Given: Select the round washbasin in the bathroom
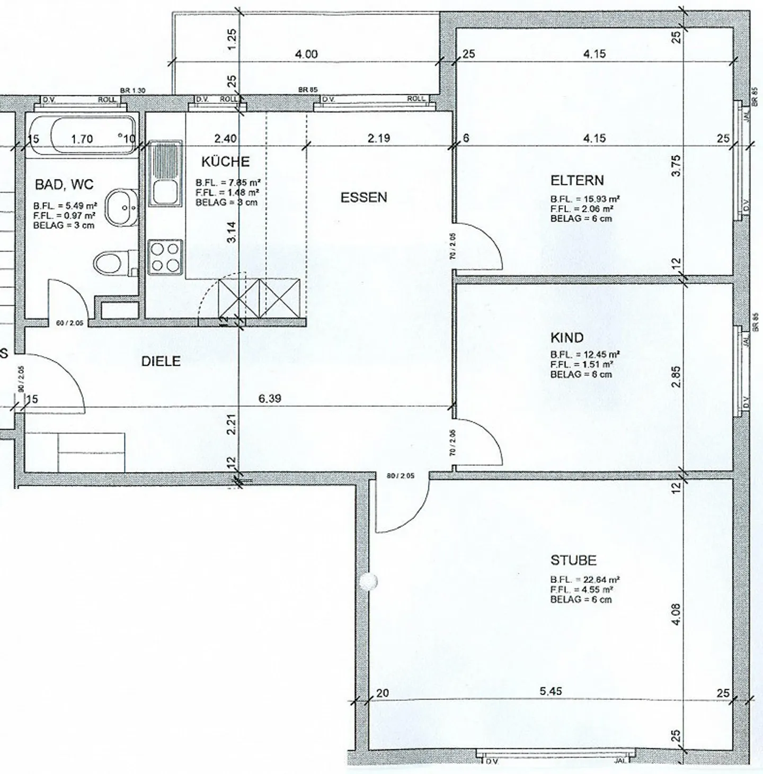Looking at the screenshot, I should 120,208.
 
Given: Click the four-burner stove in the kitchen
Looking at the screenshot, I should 165,257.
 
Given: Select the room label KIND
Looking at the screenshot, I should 567,338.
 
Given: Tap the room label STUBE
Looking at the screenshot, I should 573,560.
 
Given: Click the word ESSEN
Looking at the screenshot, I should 363,197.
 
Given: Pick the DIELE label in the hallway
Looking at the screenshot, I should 161,362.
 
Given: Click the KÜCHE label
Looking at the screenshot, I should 225,161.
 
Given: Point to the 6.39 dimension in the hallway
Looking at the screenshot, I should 270,399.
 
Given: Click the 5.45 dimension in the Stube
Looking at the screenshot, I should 551,691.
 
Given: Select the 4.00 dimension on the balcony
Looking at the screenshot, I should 306,54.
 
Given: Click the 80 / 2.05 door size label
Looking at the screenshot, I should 400,476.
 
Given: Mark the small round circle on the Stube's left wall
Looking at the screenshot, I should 367,582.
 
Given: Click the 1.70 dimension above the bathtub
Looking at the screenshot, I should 82,139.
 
